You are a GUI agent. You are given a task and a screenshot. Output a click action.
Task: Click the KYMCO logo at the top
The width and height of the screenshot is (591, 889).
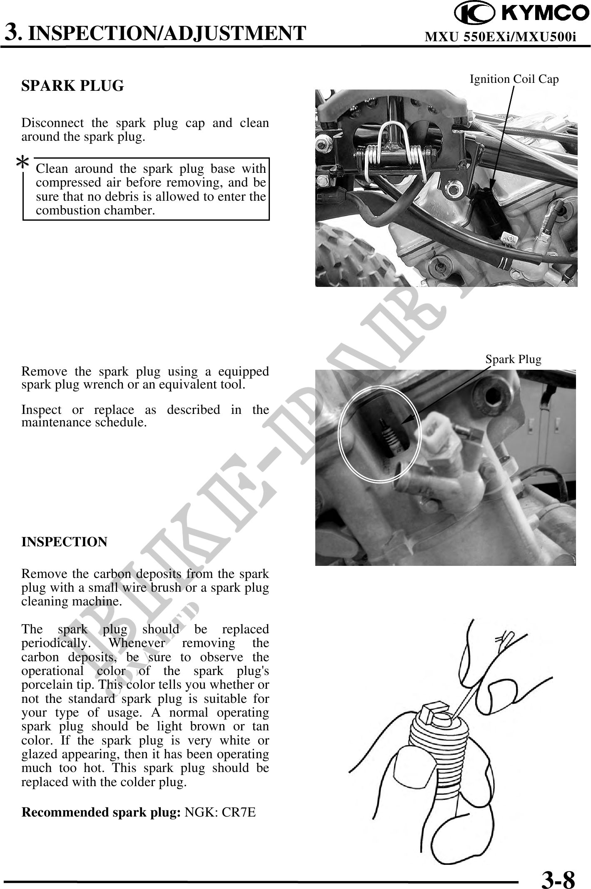pos(521,13)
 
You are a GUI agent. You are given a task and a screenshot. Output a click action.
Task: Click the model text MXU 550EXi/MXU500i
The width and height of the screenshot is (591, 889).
pos(500,37)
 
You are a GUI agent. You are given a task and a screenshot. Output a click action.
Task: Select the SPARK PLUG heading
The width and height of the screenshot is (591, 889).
pos(72,86)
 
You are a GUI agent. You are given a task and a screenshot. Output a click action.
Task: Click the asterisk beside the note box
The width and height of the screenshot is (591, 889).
pos(22,163)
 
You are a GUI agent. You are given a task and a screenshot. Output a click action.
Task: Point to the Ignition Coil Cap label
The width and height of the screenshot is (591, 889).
pos(514,79)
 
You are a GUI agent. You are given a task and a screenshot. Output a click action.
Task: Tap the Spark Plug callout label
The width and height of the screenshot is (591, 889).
pos(513,359)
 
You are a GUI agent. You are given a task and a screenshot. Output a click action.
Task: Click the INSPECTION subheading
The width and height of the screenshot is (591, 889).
pos(64,542)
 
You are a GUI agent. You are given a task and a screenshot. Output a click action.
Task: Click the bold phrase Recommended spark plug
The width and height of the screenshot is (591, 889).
pos(100,812)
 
